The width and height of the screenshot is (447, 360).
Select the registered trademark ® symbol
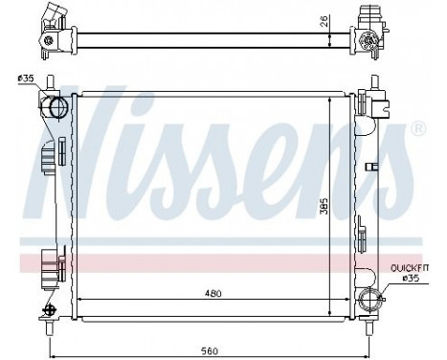417,128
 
